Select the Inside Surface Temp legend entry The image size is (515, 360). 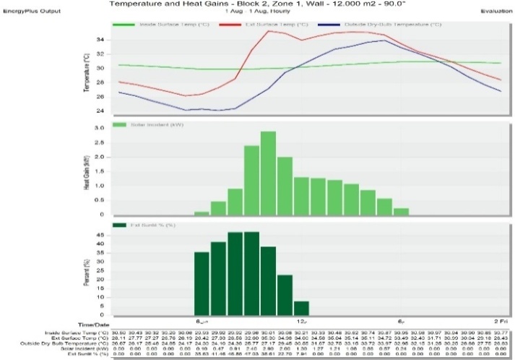tap(158, 24)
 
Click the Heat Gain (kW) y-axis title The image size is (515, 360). tap(87, 171)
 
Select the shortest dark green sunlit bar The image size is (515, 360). tap(301, 307)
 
